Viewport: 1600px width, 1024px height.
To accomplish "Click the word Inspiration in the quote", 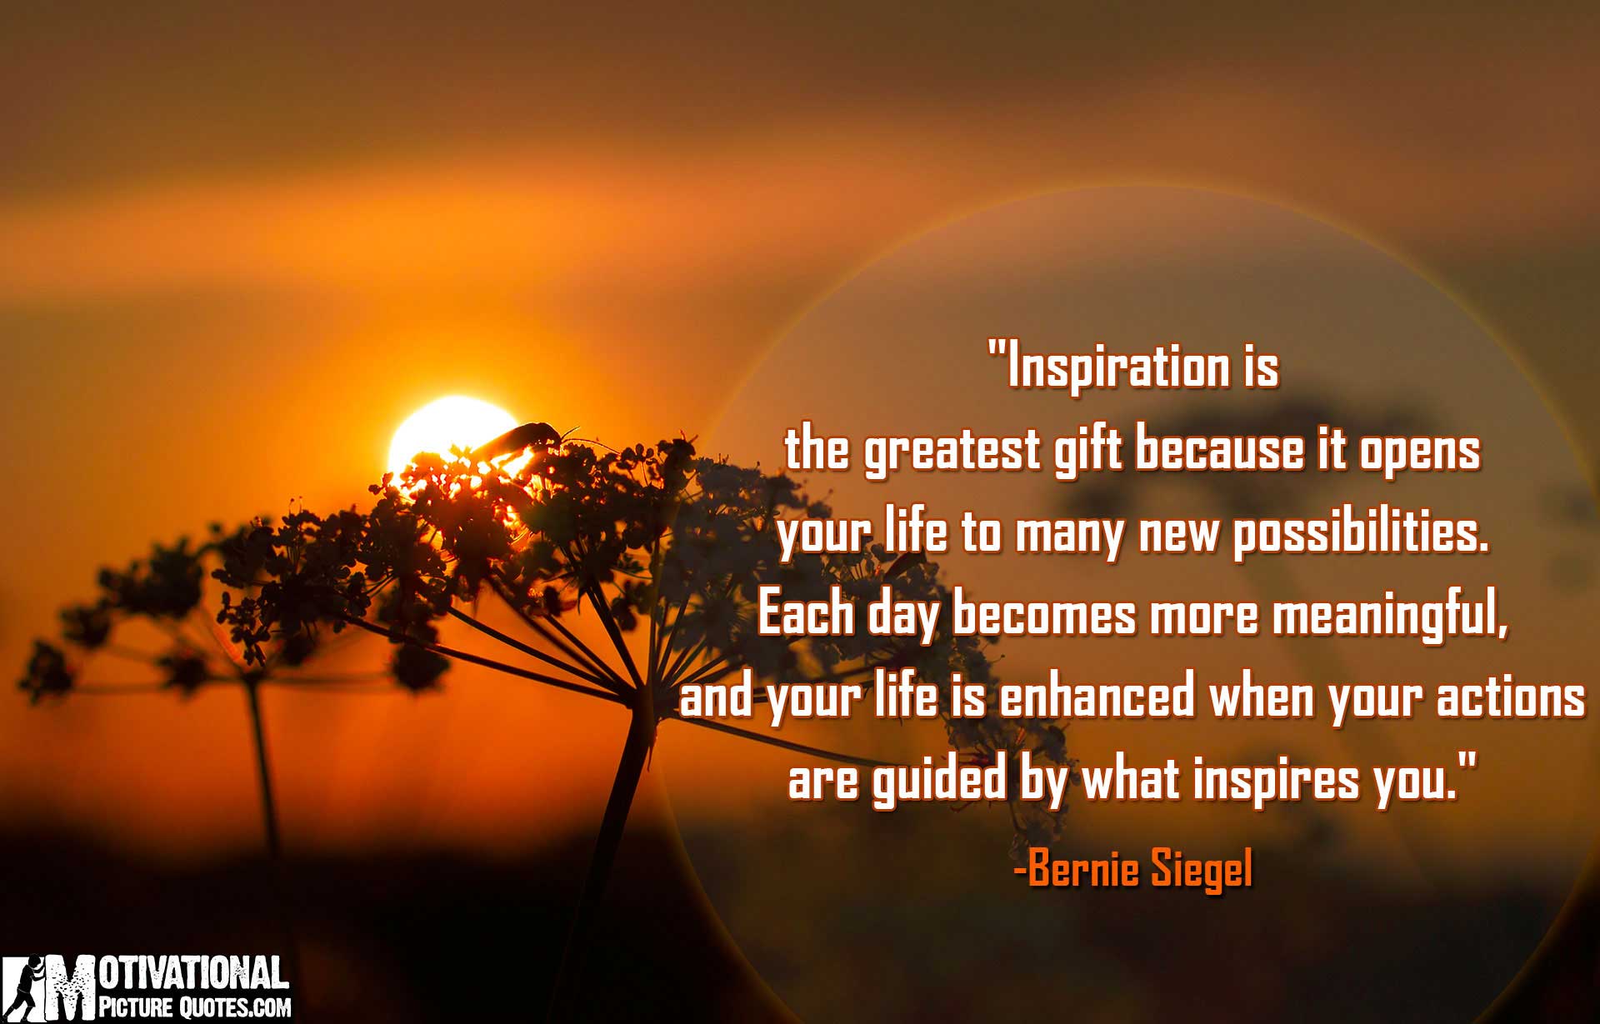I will pyautogui.click(x=1117, y=368).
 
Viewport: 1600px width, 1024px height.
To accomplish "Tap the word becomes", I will pyautogui.click(x=1044, y=616).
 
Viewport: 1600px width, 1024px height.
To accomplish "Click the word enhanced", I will pyautogui.click(x=1097, y=697).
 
